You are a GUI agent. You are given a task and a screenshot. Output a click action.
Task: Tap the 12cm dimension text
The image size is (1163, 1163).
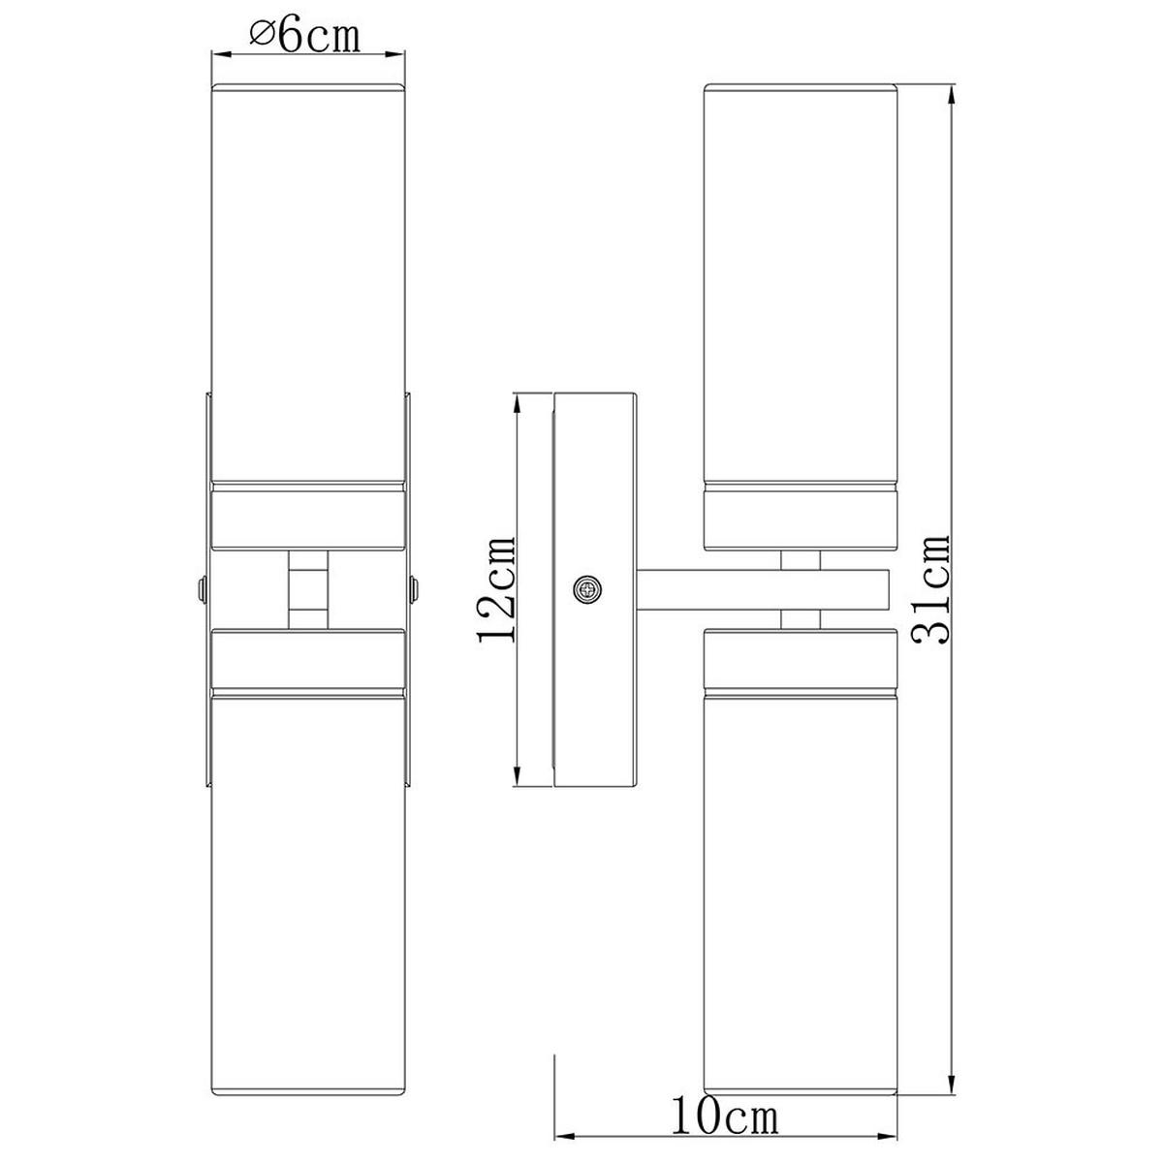(x=497, y=588)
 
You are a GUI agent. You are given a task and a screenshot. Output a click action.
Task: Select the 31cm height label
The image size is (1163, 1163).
(x=932, y=589)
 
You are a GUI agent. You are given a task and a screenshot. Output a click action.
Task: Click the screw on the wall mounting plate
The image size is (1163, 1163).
(x=588, y=589)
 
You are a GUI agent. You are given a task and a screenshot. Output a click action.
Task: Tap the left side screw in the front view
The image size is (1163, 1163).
(x=203, y=589)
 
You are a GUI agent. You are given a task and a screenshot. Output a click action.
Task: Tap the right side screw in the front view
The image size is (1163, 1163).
(x=414, y=589)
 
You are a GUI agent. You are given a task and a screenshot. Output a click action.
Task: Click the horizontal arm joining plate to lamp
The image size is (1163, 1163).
(x=764, y=589)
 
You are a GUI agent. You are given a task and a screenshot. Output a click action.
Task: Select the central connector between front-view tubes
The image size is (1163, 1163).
(x=308, y=589)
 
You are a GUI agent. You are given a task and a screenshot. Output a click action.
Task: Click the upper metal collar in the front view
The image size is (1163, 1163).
(x=308, y=516)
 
